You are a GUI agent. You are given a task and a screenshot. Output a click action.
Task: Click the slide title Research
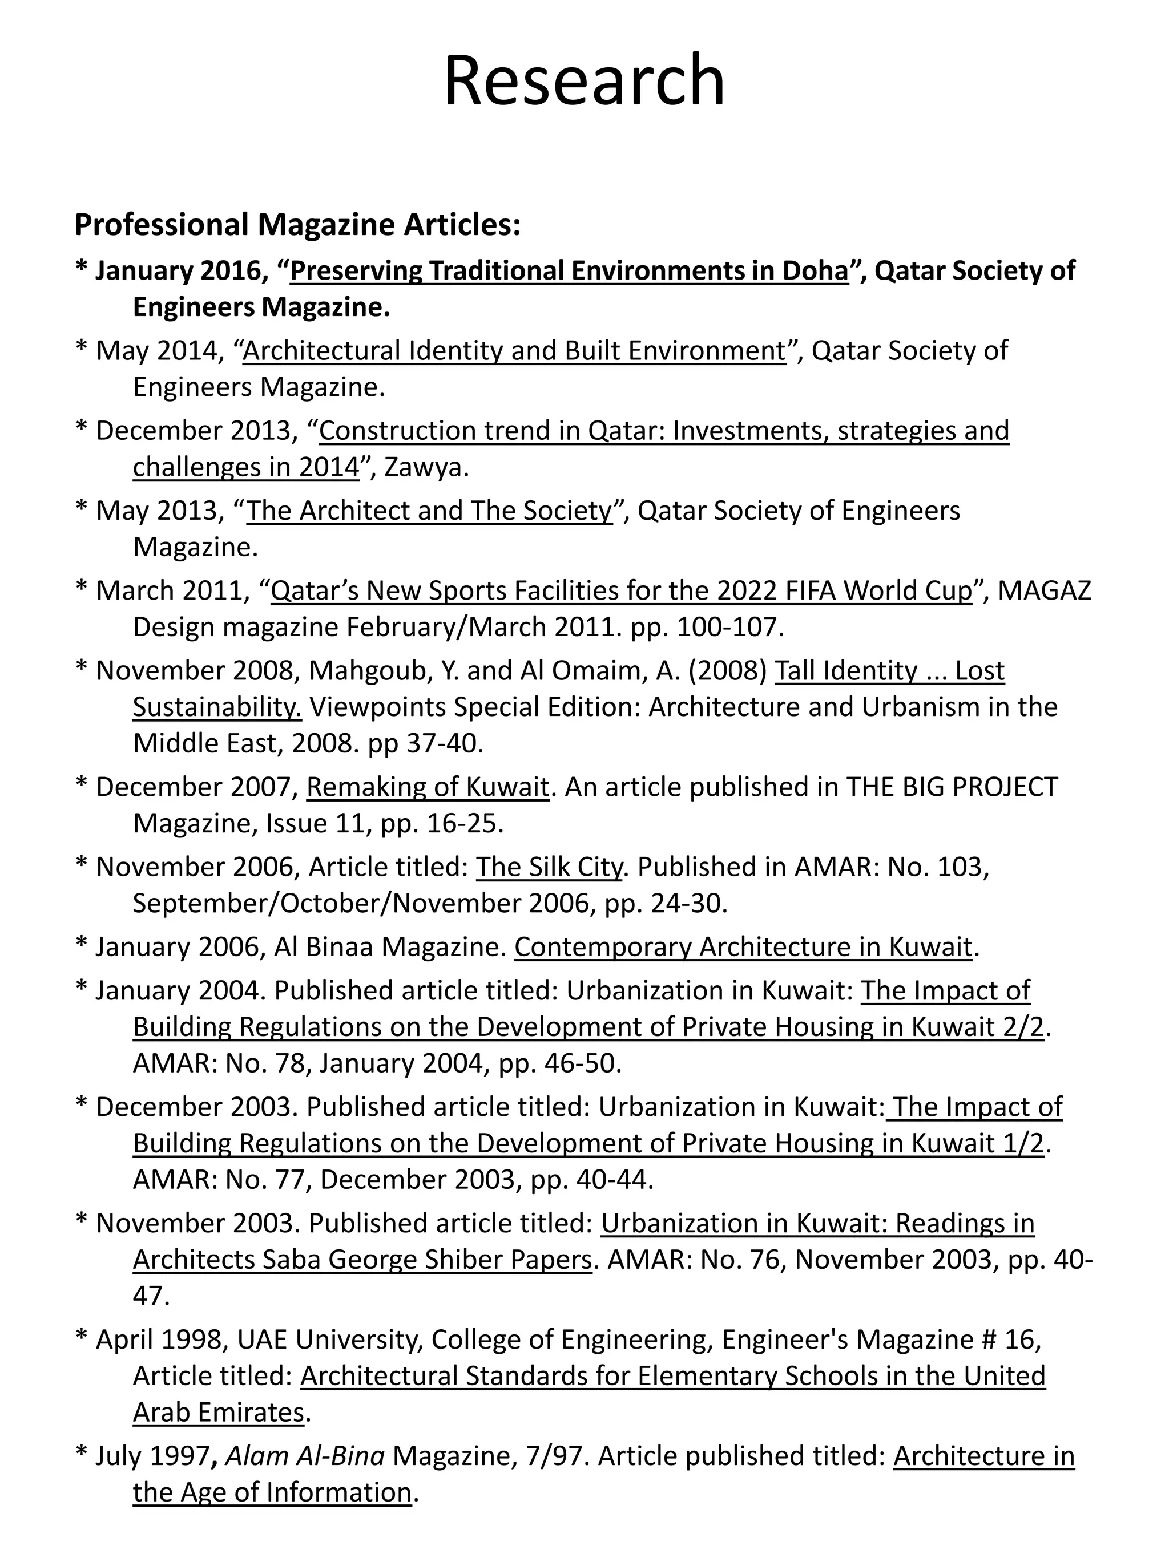tap(584, 81)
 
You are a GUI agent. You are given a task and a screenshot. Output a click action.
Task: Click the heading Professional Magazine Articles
tap(297, 225)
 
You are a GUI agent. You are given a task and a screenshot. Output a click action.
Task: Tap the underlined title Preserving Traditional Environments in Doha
tap(569, 270)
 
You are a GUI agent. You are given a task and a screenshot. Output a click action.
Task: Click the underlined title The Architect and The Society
tap(429, 510)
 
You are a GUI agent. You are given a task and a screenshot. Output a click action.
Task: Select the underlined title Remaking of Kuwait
tap(427, 786)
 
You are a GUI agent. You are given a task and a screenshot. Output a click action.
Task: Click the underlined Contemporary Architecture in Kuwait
tap(743, 946)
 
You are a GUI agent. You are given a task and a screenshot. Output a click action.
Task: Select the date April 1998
tap(160, 1339)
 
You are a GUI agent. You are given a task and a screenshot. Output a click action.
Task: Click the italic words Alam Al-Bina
tap(304, 1455)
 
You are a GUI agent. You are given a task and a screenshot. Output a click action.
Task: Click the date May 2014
tap(158, 350)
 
